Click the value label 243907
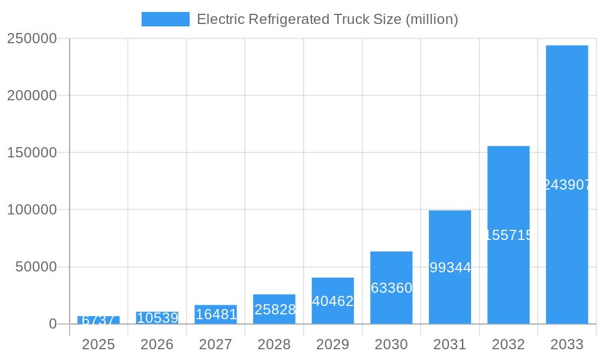coord(567,185)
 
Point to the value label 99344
coord(450,268)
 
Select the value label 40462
coord(333,301)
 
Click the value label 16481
coord(216,314)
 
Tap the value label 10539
coord(157,318)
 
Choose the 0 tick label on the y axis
coord(52,324)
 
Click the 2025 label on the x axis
coord(98,344)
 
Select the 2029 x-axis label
coord(333,344)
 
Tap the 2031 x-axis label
coord(450,344)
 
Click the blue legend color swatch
coord(166,19)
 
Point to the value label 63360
coord(391,288)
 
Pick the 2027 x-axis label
coord(216,344)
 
